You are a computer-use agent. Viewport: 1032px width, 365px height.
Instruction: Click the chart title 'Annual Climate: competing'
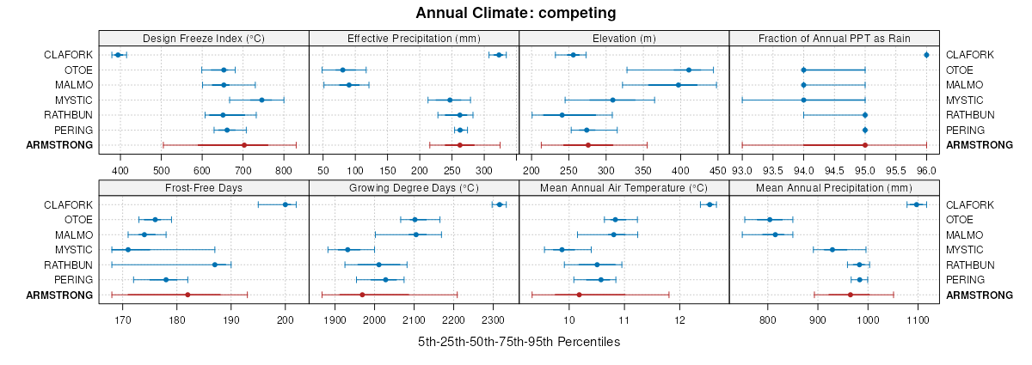click(515, 13)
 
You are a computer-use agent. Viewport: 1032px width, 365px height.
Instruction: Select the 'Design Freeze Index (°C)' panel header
click(204, 38)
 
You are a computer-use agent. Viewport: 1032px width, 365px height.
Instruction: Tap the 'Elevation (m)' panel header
click(624, 38)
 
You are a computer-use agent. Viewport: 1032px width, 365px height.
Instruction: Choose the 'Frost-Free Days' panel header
click(204, 187)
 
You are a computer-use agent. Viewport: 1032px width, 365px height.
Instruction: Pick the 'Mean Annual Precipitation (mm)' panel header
click(833, 187)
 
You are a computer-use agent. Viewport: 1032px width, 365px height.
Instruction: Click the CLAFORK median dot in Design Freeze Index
click(118, 55)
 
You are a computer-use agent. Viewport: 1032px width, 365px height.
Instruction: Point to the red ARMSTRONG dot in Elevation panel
click(587, 145)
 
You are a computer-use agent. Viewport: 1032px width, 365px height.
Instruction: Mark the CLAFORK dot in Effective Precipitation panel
click(499, 55)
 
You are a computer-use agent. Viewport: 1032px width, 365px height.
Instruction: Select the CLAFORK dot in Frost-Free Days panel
click(286, 204)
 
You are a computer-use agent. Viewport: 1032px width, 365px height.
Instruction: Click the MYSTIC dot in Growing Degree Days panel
click(347, 250)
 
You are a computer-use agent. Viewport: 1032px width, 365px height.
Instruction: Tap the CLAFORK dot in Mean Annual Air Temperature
click(709, 204)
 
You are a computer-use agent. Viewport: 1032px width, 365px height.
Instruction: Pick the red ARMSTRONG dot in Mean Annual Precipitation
click(850, 295)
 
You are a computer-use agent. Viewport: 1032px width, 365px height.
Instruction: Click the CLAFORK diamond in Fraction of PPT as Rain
click(926, 55)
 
